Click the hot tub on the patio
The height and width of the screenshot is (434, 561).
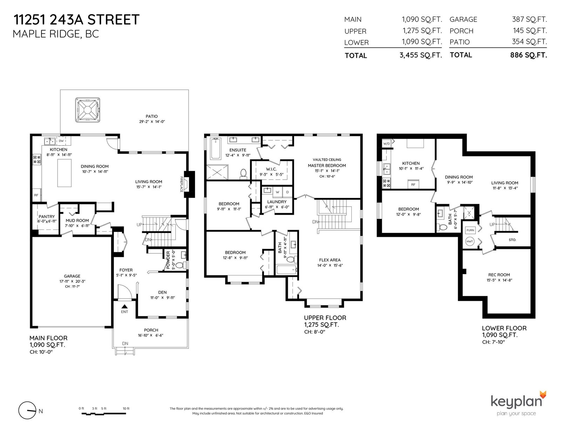click(x=88, y=110)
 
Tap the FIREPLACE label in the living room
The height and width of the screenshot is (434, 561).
click(x=182, y=184)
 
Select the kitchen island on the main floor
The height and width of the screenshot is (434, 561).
click(x=64, y=173)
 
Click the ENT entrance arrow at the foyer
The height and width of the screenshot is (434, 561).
click(x=124, y=306)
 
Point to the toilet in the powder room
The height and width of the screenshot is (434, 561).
click(x=183, y=265)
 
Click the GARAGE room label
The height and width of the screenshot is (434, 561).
click(x=72, y=276)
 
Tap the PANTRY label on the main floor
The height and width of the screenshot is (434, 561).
click(x=47, y=216)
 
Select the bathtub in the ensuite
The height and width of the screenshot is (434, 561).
click(x=215, y=148)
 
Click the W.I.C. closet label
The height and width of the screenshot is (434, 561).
click(x=271, y=169)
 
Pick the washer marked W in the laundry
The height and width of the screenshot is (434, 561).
click(x=278, y=192)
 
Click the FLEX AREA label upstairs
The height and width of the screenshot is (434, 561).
click(x=330, y=260)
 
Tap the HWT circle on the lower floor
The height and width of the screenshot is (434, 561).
click(x=469, y=241)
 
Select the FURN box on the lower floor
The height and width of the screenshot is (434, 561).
click(x=470, y=230)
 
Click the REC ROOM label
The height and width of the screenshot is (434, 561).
click(x=499, y=275)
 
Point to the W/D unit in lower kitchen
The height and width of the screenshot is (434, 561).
click(x=386, y=143)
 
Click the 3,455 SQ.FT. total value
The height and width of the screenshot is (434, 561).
click(x=421, y=55)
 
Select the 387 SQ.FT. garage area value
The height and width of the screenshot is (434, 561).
click(x=529, y=19)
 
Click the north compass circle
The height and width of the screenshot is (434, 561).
click(x=27, y=410)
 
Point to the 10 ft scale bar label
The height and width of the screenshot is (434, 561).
click(x=126, y=408)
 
